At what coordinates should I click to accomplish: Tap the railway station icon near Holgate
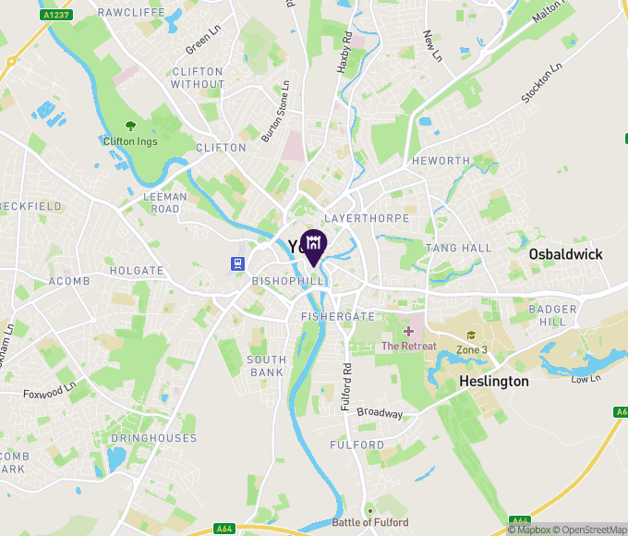[237, 262]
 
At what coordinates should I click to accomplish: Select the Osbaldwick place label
[565, 254]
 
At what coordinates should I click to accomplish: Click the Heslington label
[495, 381]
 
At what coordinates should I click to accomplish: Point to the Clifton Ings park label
[130, 141]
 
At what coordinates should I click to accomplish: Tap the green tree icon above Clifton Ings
[130, 126]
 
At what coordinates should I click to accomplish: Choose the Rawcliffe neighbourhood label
[131, 13]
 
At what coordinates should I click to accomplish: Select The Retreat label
[409, 346]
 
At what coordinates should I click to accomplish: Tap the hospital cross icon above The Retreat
[408, 331]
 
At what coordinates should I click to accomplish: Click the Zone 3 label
[472, 349]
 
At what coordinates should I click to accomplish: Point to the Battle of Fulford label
[370, 523]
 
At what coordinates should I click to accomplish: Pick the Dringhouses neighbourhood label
[153, 438]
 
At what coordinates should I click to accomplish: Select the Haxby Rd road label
[344, 53]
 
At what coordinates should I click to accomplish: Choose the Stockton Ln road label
[542, 84]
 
